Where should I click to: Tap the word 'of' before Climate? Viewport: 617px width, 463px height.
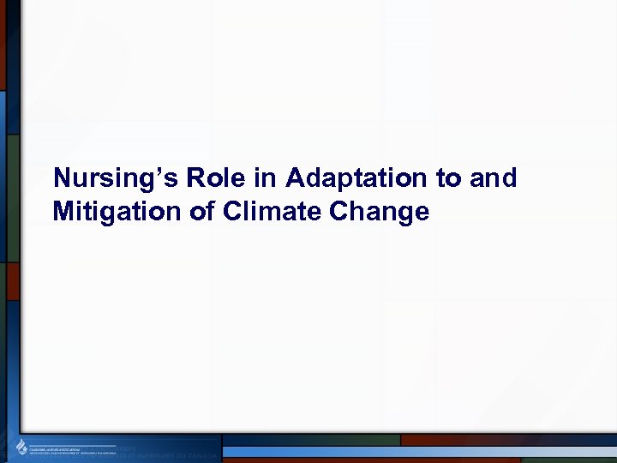pyautogui.click(x=201, y=211)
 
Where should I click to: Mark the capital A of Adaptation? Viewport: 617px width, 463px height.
pyautogui.click(x=297, y=177)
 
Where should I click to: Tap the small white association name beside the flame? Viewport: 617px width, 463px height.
pyautogui.click(x=73, y=448)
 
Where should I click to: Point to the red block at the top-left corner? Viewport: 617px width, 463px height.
pyautogui.click(x=3, y=43)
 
